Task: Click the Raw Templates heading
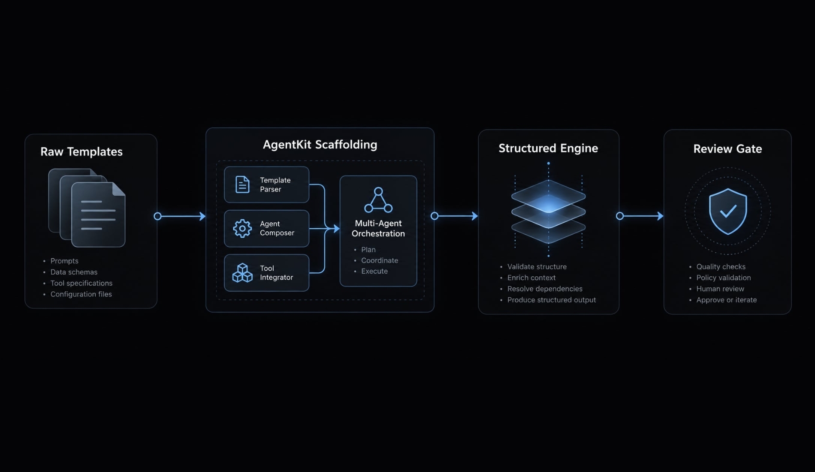pos(81,151)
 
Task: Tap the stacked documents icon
pos(87,208)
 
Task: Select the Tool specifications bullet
pos(81,283)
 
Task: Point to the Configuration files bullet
pos(81,294)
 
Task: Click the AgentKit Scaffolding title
pos(320,145)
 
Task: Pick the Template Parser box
pos(266,185)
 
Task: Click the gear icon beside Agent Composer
pos(242,228)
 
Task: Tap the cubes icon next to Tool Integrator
pos(242,273)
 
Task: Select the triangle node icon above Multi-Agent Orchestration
pos(378,200)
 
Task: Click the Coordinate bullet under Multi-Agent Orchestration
pos(380,260)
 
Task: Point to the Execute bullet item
pos(374,271)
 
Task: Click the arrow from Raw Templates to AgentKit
pos(180,216)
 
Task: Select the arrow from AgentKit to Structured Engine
pos(454,216)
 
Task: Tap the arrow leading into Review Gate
pos(640,216)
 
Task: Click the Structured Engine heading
pos(548,148)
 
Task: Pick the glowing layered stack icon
pos(549,210)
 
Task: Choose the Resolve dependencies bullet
pos(545,289)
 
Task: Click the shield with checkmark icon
pos(728,211)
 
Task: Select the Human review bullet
pos(720,289)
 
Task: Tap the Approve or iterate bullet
pos(727,300)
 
